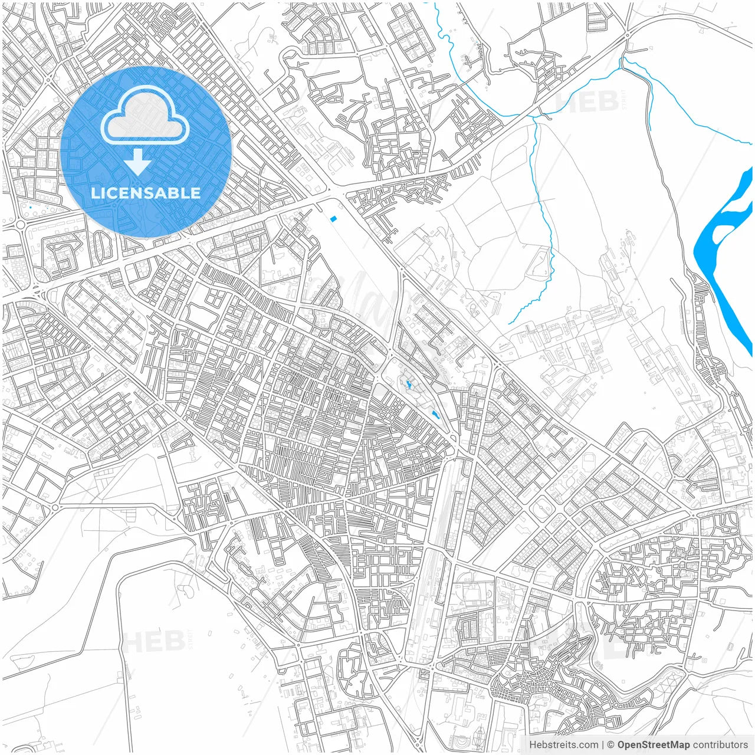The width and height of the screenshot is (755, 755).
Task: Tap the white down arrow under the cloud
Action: (x=139, y=162)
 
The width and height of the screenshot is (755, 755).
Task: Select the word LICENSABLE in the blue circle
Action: (x=146, y=193)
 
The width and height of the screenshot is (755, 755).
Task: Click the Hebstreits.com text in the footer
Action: (x=563, y=745)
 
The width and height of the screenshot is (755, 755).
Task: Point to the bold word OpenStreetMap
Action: (x=653, y=745)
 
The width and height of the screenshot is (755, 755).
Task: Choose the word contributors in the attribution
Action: (x=720, y=745)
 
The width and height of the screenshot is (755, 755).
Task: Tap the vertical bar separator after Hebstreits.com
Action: (x=603, y=745)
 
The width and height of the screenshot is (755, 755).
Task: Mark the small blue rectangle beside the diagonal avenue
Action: (x=334, y=219)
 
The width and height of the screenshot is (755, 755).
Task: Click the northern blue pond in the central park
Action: (x=408, y=386)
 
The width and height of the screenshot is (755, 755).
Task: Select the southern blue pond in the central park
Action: (x=435, y=415)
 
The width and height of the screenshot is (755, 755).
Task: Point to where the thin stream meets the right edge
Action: (x=751, y=143)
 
